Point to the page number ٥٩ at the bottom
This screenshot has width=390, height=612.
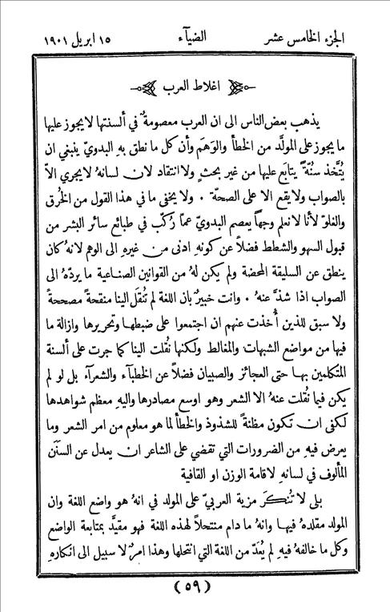[195, 588]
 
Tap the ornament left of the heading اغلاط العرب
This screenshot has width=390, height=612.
[142, 86]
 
